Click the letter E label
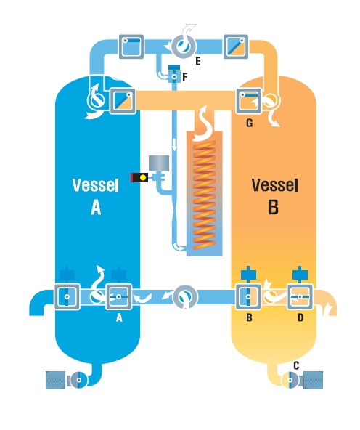pos(198,61)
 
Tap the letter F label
pos(185,77)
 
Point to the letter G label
pos(250,123)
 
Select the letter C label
pos(296,365)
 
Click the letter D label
pos(300,317)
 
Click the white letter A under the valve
pos(119,318)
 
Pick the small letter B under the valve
pos(249,317)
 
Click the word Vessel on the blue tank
pos(95,185)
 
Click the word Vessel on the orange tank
pos(274,185)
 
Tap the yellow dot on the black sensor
pos(143,178)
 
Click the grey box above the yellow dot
pos(159,163)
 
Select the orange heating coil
pos(204,195)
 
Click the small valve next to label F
pos(174,73)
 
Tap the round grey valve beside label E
pos(184,46)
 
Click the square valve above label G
pos(248,100)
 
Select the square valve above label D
pos(300,297)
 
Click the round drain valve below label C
pos(290,380)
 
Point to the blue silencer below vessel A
pos(56,380)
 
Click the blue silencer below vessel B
pos(313,380)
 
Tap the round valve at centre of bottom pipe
pos(185,297)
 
